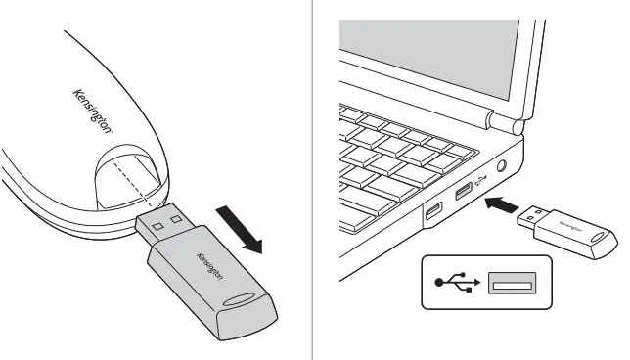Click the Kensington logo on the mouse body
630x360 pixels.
pyautogui.click(x=94, y=110)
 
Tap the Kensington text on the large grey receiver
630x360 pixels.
pyautogui.click(x=209, y=269)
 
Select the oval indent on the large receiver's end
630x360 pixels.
pyautogui.click(x=247, y=300)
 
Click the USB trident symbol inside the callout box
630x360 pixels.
pyautogui.click(x=457, y=285)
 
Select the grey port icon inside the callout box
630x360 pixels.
pyautogui.click(x=513, y=285)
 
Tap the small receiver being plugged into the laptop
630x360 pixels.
pyautogui.click(x=576, y=226)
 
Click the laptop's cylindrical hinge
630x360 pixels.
pyautogui.click(x=504, y=122)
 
